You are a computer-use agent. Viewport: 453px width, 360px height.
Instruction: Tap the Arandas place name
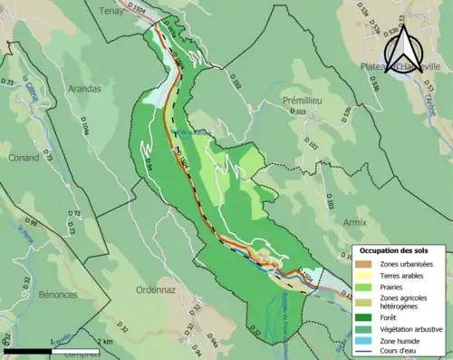coord(83,89)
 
